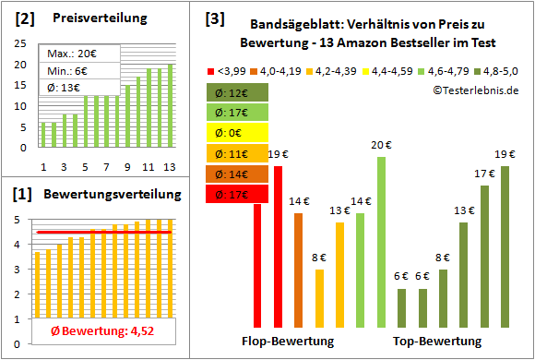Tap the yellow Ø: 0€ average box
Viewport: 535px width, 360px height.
[238, 132]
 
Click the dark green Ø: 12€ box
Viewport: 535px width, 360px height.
[238, 91]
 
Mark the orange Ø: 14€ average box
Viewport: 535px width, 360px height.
[238, 174]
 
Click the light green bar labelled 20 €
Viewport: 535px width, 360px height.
[381, 242]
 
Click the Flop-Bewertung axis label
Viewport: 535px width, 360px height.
[288, 341]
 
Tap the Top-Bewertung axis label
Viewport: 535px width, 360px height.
[437, 341]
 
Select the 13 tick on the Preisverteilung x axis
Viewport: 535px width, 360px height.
[169, 166]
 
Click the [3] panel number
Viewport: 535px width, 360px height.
[214, 18]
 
